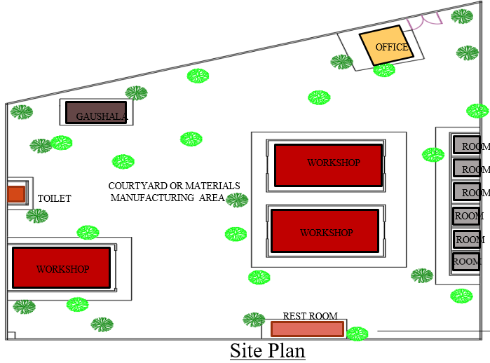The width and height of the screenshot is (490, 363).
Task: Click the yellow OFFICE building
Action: point(386,46)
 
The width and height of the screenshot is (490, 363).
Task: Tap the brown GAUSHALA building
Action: point(96,112)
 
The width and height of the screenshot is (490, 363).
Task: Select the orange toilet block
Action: point(16,194)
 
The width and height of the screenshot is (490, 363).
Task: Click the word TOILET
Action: point(55,198)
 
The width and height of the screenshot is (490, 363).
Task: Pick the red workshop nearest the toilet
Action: point(61,268)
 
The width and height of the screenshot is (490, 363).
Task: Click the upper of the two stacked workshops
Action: point(329,165)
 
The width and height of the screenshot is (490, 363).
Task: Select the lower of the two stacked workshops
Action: point(325,231)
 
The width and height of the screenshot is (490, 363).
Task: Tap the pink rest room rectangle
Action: point(308,329)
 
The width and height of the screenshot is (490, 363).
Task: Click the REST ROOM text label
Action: point(310,316)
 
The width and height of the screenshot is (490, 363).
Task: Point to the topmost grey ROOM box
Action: point(467,145)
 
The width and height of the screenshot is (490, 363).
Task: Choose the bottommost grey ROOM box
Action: point(466,262)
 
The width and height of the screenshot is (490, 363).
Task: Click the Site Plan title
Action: point(268,350)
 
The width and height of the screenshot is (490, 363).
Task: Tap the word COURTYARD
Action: point(138,186)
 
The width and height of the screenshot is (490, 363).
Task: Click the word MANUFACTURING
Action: point(153,198)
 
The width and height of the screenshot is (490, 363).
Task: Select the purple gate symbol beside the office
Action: point(424,20)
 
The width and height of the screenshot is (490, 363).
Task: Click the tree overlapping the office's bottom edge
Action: point(384,69)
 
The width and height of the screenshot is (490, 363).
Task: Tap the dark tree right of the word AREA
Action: point(237,200)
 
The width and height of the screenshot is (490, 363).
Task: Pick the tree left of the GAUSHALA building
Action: point(22,112)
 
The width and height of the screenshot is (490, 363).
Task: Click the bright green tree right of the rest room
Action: point(358,334)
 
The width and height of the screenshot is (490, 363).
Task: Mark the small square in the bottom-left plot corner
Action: point(11,335)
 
